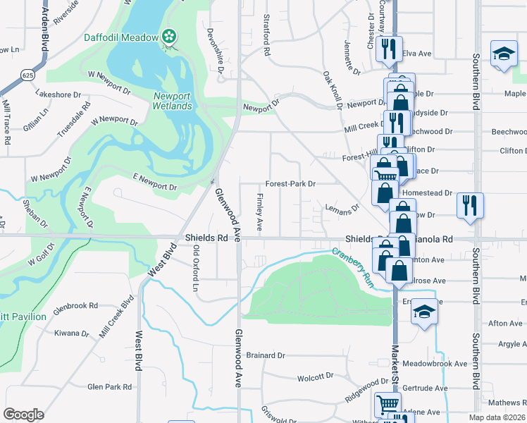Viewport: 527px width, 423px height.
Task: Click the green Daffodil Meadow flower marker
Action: pos(169,36)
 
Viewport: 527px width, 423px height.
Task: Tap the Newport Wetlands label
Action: pos(172,101)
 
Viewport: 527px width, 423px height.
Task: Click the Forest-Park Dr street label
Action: pos(290,183)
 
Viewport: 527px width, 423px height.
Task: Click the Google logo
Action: pos(23,414)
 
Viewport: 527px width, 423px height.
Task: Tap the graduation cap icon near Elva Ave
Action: pos(503,54)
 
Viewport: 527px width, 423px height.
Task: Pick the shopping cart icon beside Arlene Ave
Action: pos(387,405)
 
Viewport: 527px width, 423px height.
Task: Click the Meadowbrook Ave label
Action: pos(438,364)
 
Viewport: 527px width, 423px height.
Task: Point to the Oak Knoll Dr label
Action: pos(333,89)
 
